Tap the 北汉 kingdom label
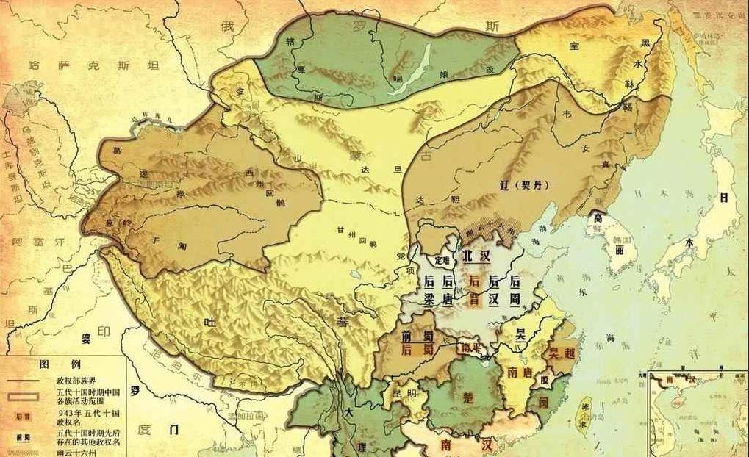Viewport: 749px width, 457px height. [476, 256]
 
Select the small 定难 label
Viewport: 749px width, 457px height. [441, 260]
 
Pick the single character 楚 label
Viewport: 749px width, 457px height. [467, 397]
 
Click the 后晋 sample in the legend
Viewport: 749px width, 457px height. [22, 416]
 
